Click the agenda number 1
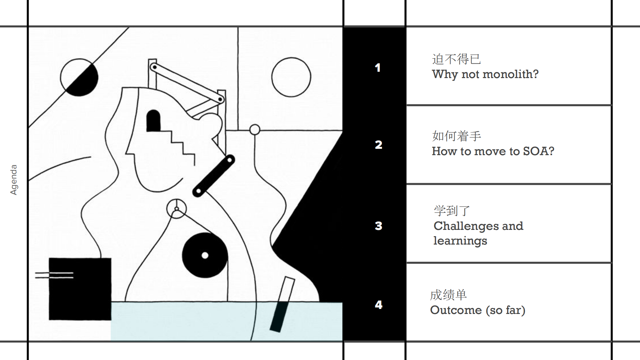[378, 68]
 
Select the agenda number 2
[378, 145]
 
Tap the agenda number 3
[378, 226]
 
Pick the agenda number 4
[378, 305]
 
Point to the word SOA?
[538, 151]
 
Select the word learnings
[460, 241]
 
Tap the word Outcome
[456, 310]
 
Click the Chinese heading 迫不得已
[456, 59]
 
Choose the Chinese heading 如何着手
[456, 136]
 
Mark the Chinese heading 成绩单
[448, 295]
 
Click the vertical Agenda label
[13, 180]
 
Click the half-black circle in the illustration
[79, 77]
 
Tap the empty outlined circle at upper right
[291, 77]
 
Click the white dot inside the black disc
[205, 256]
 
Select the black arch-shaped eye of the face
[153, 121]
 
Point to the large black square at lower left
[80, 289]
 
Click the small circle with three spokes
[176, 209]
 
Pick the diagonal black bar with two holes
[213, 176]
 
